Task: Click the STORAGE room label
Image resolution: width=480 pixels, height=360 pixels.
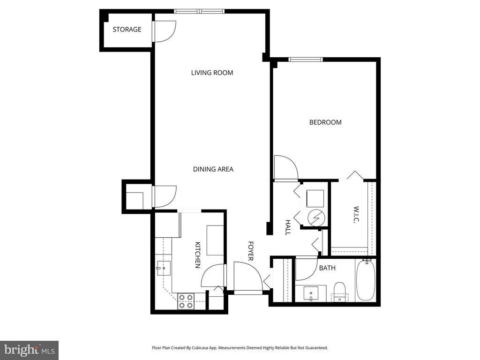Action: (127, 30)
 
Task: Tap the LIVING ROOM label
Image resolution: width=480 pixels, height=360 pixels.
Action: (212, 73)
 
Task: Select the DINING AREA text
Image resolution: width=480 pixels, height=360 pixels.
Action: (213, 169)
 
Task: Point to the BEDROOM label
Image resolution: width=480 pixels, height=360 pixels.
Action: (325, 122)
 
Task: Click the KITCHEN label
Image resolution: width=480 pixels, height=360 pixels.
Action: (198, 255)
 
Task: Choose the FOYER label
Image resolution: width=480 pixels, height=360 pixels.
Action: (250, 251)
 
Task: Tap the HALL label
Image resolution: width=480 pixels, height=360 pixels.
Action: (288, 227)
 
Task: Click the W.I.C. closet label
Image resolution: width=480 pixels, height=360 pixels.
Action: (356, 215)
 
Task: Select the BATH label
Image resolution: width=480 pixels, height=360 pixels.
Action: (327, 268)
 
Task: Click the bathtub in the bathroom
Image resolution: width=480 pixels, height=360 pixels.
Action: (366, 280)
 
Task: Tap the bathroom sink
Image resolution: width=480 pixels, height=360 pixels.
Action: (311, 293)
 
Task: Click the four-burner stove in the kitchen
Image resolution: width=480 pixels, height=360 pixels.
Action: (186, 301)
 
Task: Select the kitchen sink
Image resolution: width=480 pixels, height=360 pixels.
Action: (164, 268)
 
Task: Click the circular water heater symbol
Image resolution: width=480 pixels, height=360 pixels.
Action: (315, 217)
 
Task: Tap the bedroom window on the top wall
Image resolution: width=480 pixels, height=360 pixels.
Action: (306, 60)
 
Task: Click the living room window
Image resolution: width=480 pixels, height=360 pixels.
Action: (199, 11)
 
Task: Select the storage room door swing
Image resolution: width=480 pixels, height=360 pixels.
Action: (165, 31)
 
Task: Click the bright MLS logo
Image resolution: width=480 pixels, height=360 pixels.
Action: (29, 350)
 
